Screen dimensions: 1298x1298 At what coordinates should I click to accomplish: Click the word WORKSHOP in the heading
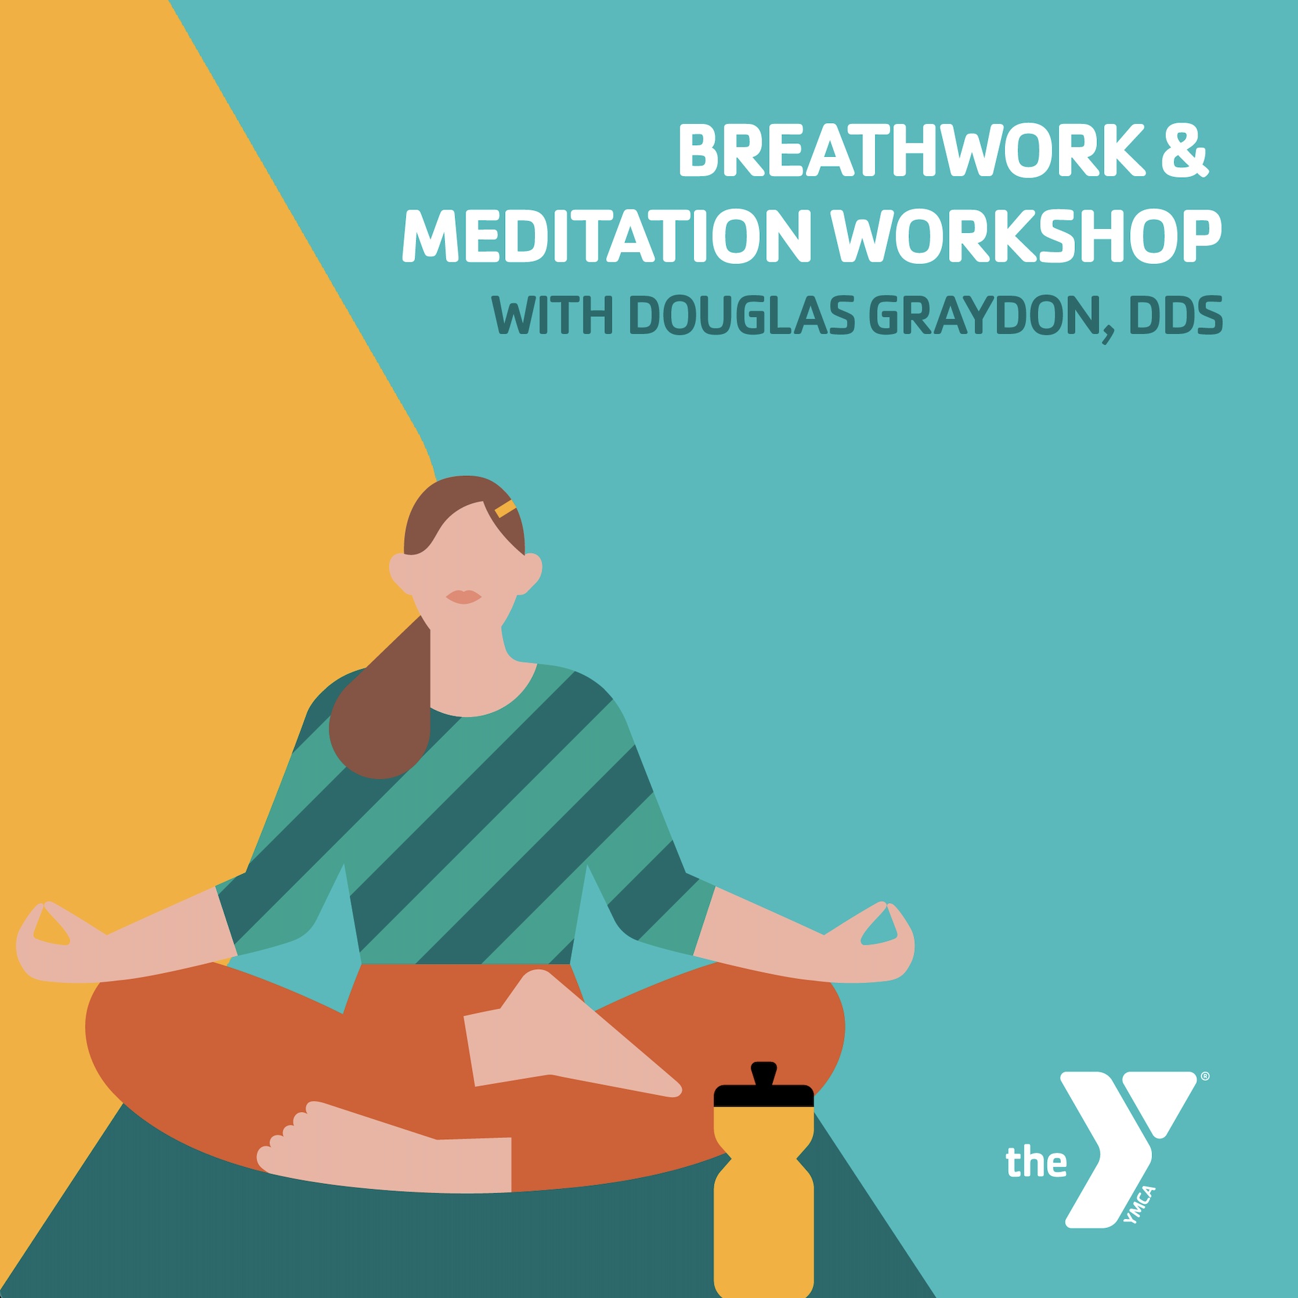tap(1027, 237)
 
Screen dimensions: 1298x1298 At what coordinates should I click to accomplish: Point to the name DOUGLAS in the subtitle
tap(742, 314)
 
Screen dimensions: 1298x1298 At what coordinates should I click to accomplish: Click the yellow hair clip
tap(505, 508)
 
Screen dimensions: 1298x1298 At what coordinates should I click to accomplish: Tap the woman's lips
tap(464, 596)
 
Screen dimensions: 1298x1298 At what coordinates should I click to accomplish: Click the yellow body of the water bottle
tap(764, 1203)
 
